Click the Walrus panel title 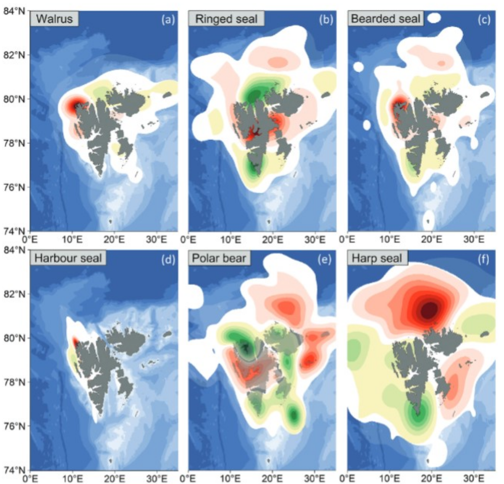(x=54, y=19)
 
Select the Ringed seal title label (x=226, y=19)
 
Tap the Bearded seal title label (x=385, y=19)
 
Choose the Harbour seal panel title (x=68, y=258)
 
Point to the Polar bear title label (x=219, y=258)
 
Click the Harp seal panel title (x=377, y=258)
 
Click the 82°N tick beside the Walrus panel (x=14, y=55)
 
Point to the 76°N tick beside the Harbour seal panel (x=14, y=426)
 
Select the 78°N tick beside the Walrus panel (x=14, y=143)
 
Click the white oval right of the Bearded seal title (x=434, y=18)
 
